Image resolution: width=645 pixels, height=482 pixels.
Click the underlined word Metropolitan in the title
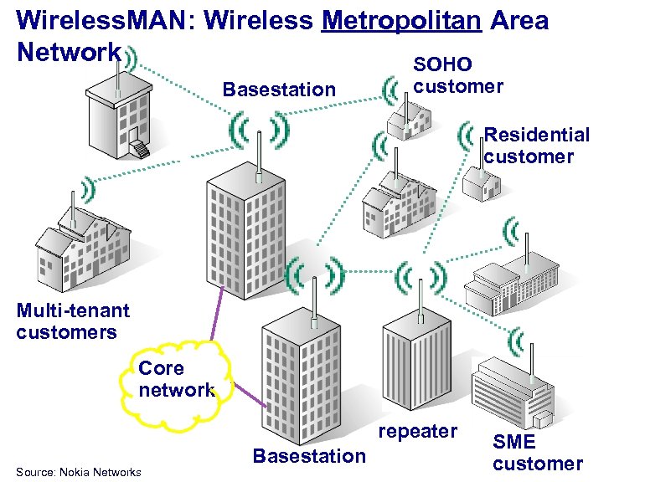coord(401,20)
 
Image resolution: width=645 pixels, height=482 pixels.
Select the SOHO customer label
coord(458,75)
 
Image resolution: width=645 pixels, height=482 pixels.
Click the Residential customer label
coord(536,146)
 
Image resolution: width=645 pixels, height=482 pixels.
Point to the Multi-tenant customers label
coord(73,321)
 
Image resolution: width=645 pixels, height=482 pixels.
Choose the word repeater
coord(418,431)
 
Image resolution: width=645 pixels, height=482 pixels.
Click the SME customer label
coord(537,452)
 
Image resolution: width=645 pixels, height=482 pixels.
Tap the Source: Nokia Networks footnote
coord(78,473)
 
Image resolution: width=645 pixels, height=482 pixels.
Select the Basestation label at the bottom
coord(309,456)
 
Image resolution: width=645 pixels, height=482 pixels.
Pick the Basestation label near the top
coord(279,90)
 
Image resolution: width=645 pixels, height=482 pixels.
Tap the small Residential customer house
coord(480,181)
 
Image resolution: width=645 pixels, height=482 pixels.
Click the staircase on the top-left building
coord(138,149)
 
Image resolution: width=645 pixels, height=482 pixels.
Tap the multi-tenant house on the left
coord(81,245)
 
